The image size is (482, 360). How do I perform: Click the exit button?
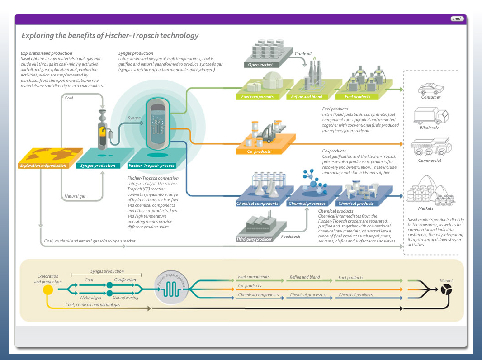pyautogui.click(x=457, y=19)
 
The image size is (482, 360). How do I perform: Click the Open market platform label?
pyautogui.click(x=260, y=65)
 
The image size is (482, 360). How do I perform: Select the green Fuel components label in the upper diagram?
pyautogui.click(x=257, y=97)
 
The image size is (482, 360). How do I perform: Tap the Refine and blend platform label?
pyautogui.click(x=307, y=97)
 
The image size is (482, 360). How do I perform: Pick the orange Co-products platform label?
pyautogui.click(x=260, y=152)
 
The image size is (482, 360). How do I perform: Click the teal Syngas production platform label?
pyautogui.click(x=98, y=166)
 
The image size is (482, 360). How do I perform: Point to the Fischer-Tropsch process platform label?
pyautogui.click(x=151, y=166)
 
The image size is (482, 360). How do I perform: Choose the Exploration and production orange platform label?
pyautogui.click(x=43, y=166)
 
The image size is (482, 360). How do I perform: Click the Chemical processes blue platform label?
pyautogui.click(x=307, y=204)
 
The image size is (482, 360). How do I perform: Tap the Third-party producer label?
pyautogui.click(x=254, y=239)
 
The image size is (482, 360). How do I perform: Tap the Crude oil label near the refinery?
pyautogui.click(x=303, y=54)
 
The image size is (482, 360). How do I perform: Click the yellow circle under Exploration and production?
pyautogui.click(x=47, y=289)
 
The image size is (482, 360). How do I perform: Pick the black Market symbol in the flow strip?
pyautogui.click(x=446, y=289)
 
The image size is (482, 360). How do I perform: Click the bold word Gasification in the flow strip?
pyautogui.click(x=125, y=280)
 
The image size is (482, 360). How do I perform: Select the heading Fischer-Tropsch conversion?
pyautogui.click(x=152, y=178)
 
